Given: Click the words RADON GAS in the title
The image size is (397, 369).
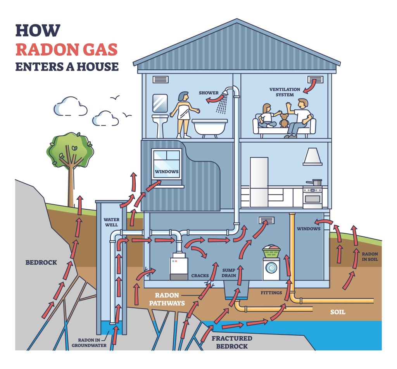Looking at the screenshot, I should click(x=66, y=50).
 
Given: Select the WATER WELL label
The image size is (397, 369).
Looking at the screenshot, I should click(x=111, y=222).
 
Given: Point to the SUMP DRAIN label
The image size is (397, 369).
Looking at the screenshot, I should click(x=229, y=272).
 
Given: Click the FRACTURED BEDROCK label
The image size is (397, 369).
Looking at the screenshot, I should click(x=231, y=342).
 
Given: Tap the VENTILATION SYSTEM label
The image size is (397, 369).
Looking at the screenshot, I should click(x=285, y=92).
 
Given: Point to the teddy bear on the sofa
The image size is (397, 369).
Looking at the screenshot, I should click(x=285, y=121).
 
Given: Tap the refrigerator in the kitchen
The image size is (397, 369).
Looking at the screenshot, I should click(x=259, y=182).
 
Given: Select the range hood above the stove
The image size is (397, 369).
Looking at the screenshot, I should click(x=313, y=157).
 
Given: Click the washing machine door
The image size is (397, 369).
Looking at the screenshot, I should click(x=271, y=267).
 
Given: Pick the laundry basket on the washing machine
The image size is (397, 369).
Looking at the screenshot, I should click(x=271, y=252).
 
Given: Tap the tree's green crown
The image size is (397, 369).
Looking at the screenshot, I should click(x=71, y=149).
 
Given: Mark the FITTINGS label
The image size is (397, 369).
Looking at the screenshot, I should click(x=271, y=293).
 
